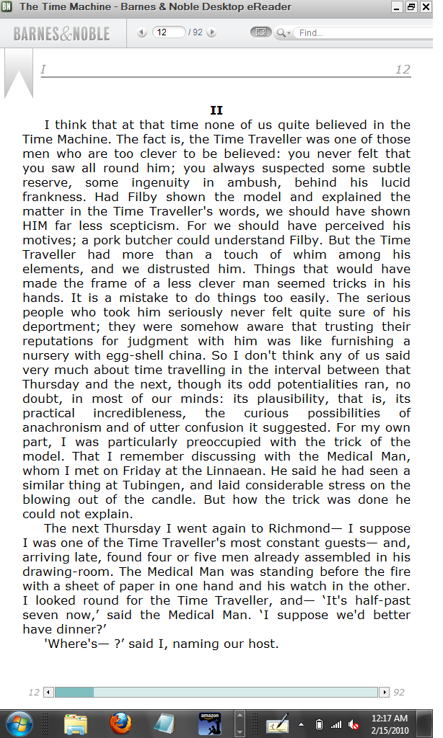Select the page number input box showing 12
(169, 32)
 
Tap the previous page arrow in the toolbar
(141, 32)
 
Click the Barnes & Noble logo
(61, 33)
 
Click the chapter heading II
(216, 110)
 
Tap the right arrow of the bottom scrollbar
(385, 692)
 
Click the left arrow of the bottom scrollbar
(48, 692)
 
